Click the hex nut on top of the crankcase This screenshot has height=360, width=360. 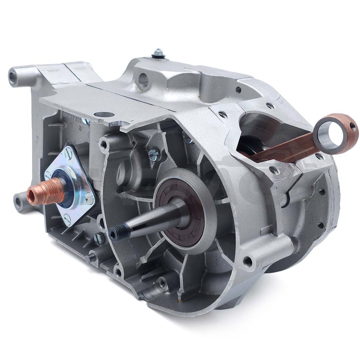[157, 52]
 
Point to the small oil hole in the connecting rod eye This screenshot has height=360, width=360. [353, 126]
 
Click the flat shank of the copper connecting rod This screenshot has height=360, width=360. [288, 148]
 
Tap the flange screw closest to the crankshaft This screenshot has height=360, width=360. [90, 199]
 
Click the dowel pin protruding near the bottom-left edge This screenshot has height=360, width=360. [89, 258]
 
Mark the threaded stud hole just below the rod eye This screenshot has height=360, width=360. [319, 156]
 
